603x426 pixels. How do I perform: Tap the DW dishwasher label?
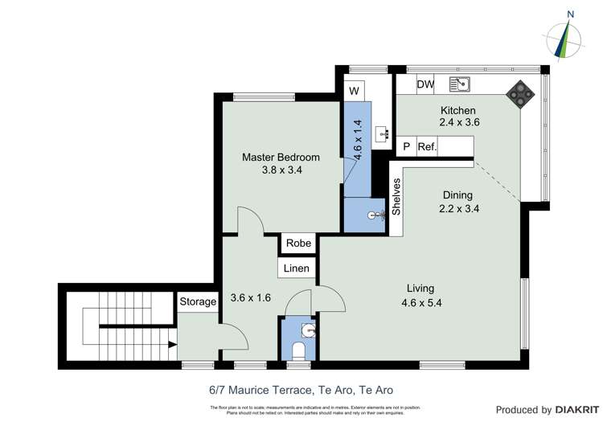coord(425,84)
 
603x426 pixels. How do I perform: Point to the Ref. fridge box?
coord(427,147)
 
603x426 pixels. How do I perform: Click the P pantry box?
coord(407,147)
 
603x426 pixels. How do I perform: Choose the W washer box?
coord(354,91)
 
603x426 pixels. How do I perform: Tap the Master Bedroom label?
coord(281,158)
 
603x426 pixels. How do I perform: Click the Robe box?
coord(298,243)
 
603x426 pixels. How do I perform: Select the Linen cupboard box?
coord(296,268)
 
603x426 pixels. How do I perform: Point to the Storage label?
coord(198,301)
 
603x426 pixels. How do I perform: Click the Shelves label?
coord(396,196)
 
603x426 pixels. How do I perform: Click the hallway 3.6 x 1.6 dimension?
coord(250,297)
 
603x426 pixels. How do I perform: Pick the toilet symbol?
coord(299,350)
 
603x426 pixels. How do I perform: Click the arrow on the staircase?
coord(171,344)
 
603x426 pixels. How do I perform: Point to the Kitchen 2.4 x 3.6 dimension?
coord(458,123)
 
